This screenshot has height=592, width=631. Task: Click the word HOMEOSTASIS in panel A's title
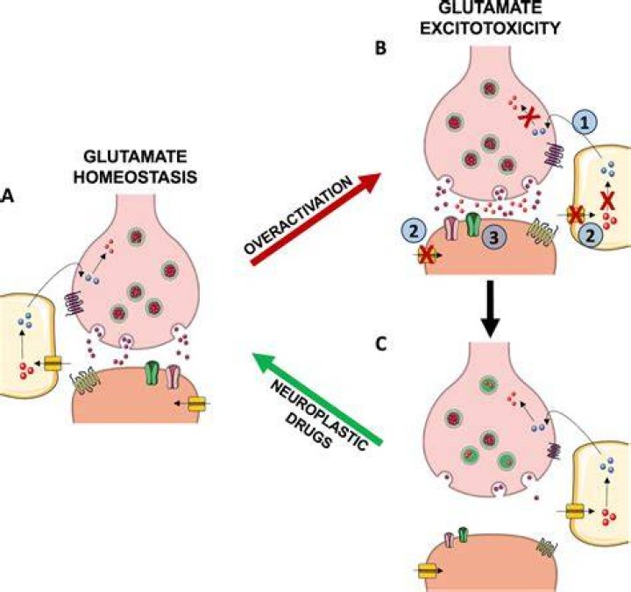click(x=135, y=177)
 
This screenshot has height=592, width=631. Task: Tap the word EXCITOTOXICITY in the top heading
click(x=490, y=29)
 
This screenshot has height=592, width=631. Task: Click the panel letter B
click(x=380, y=48)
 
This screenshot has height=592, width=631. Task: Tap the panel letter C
click(x=380, y=345)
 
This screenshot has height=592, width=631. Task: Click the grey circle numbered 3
click(x=493, y=237)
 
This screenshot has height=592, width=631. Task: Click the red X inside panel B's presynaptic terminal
click(x=528, y=117)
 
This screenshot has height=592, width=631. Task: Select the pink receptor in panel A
click(x=173, y=376)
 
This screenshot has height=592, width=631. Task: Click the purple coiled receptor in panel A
click(x=74, y=303)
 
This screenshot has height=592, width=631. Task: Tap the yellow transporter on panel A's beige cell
click(x=52, y=363)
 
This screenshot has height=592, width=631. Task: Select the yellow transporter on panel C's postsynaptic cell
click(x=427, y=571)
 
